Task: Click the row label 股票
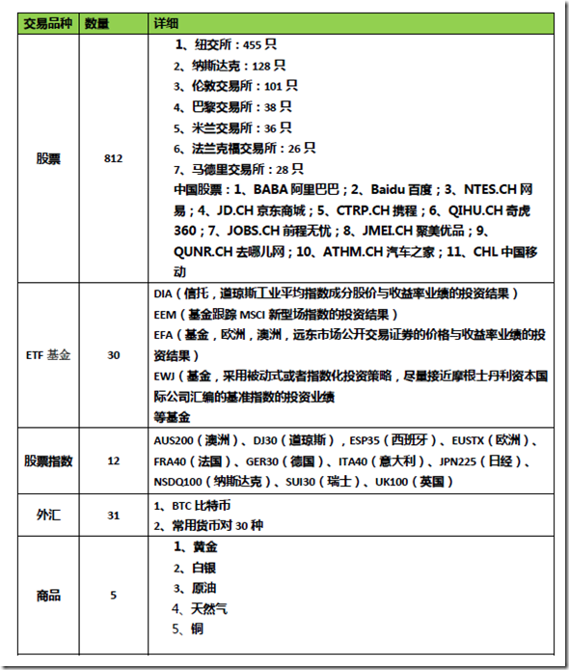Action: tap(48, 158)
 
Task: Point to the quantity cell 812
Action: tap(113, 158)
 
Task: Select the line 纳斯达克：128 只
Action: tap(230, 66)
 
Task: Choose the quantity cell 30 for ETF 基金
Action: tap(113, 355)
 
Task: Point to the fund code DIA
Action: tap(163, 293)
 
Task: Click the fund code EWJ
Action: tap(164, 375)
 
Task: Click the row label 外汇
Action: tap(48, 515)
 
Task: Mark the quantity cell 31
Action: tap(113, 515)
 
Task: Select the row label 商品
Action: tap(48, 595)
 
